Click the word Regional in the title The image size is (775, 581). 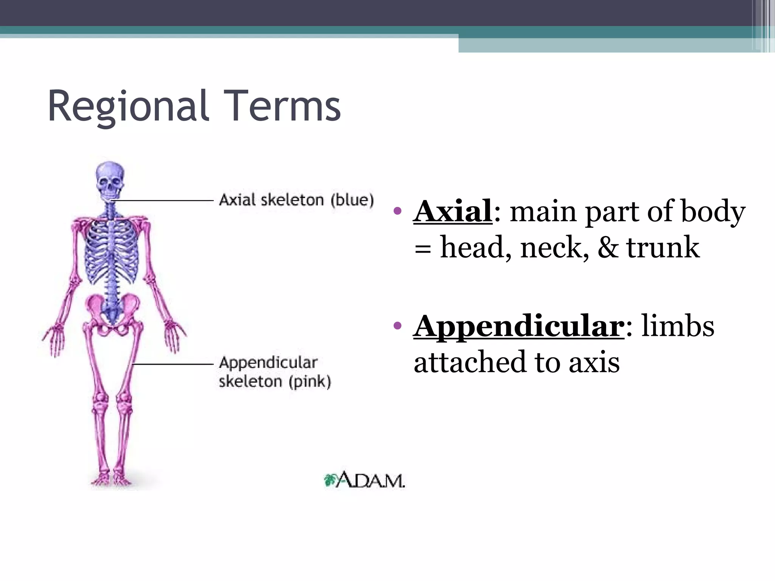tap(128, 107)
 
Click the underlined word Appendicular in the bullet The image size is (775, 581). tap(518, 326)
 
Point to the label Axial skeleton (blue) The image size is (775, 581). tap(296, 200)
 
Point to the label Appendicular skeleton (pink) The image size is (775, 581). tap(274, 371)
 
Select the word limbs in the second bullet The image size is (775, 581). tap(677, 326)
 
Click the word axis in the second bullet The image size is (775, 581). tap(594, 362)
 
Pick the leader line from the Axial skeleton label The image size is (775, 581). tap(163, 200)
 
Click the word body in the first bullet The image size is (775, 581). tap(713, 212)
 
